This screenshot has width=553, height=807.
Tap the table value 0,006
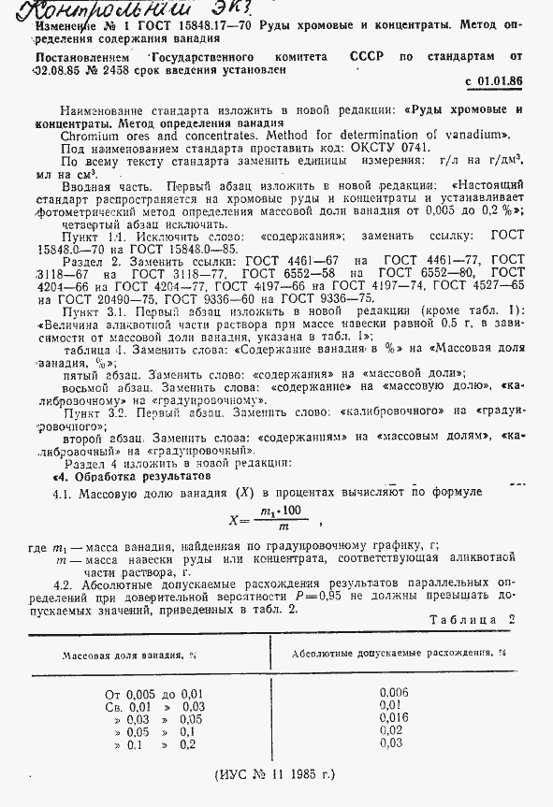point(394,693)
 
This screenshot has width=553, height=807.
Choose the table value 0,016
point(394,717)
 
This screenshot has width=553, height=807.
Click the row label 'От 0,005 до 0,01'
point(154,694)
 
